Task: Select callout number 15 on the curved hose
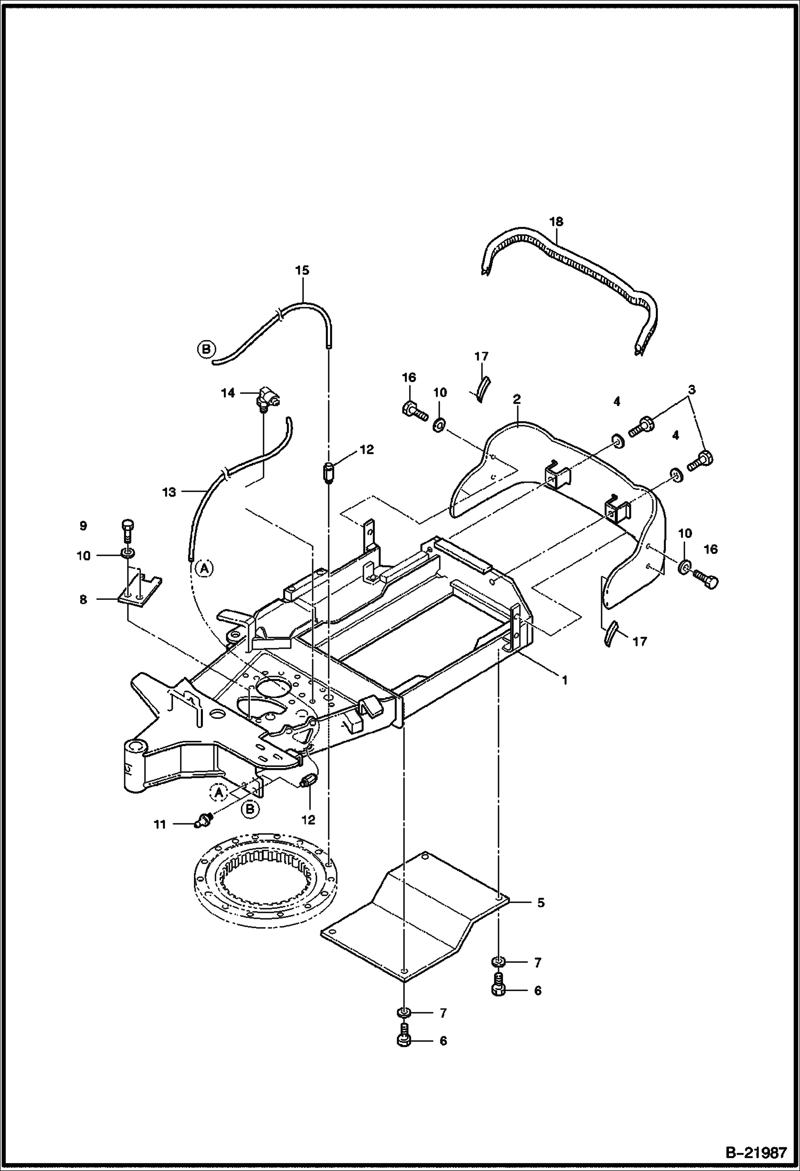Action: click(x=302, y=271)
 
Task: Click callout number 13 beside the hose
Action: click(x=169, y=492)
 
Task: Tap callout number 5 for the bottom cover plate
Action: click(x=541, y=903)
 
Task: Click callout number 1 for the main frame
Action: click(x=564, y=681)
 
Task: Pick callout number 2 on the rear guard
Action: click(x=517, y=399)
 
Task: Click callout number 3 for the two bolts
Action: click(x=692, y=390)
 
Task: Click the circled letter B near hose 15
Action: click(x=206, y=350)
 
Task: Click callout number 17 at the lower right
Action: click(x=639, y=641)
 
